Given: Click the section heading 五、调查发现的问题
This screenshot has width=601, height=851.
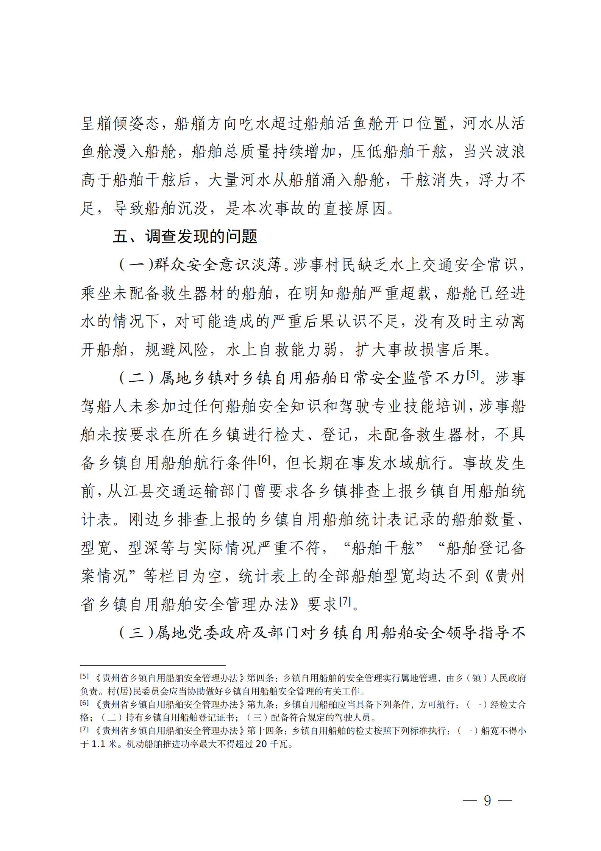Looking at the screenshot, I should click(185, 237).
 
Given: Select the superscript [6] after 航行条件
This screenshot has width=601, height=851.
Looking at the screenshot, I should click(264, 460).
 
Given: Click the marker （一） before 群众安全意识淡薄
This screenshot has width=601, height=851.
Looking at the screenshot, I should click(135, 265).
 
